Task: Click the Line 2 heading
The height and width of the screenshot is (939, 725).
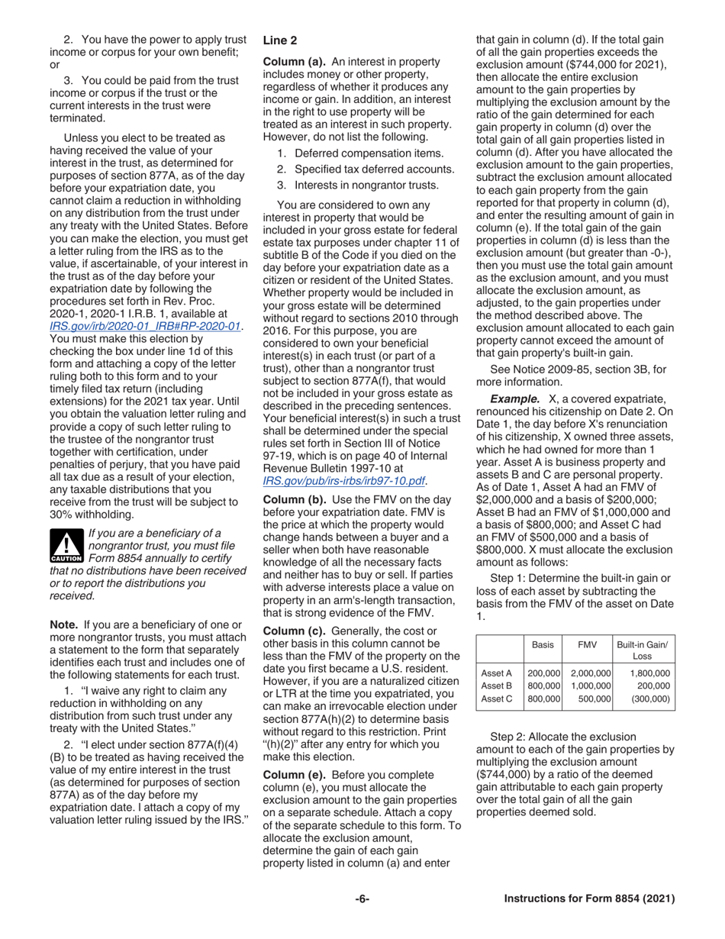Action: [x=280, y=40]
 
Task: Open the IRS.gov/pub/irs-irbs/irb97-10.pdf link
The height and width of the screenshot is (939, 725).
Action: [x=343, y=480]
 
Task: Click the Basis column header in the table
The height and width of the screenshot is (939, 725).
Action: [x=543, y=645]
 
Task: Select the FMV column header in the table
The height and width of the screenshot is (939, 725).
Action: [x=587, y=645]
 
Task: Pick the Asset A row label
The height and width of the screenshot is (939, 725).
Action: [x=497, y=673]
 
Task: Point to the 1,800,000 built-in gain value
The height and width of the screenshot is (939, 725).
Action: [x=649, y=673]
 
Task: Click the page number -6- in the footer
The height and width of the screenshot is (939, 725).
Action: [x=362, y=899]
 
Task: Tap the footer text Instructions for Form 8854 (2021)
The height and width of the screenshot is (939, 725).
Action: [x=589, y=899]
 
